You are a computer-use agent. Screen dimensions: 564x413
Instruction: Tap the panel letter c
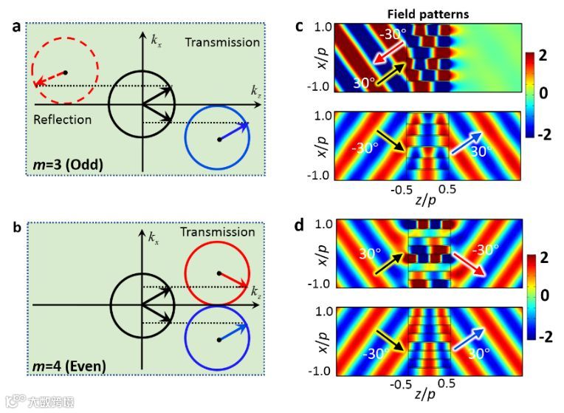click(300, 27)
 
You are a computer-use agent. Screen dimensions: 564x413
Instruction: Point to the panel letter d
click(300, 224)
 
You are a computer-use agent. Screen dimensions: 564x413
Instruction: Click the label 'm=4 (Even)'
click(75, 365)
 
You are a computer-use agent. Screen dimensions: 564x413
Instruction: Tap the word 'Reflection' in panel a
click(63, 119)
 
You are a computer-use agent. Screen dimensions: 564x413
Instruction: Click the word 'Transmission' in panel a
click(222, 42)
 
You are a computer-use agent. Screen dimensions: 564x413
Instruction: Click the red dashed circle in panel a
click(65, 72)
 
